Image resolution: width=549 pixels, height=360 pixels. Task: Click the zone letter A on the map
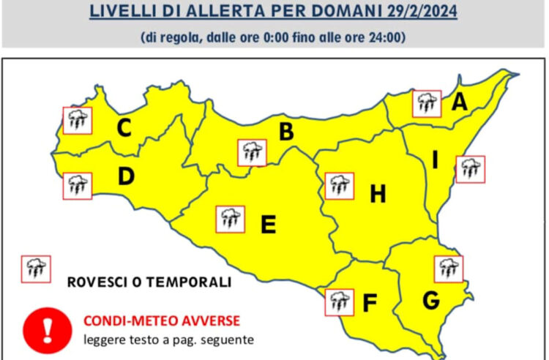coord(459,102)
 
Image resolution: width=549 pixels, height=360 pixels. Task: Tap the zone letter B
coord(286,132)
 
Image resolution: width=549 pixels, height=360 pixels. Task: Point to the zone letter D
coord(125,176)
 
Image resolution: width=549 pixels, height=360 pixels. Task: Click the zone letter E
coord(268,224)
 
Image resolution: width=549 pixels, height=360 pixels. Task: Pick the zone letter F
coord(370,301)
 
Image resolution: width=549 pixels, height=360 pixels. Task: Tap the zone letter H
coord(377,194)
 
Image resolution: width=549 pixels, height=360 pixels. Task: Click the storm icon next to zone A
coord(426,104)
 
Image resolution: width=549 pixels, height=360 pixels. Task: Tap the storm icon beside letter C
coord(77,120)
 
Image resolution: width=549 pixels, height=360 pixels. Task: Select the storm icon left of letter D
coord(77,184)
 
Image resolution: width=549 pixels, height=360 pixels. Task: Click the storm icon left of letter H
coord(339,186)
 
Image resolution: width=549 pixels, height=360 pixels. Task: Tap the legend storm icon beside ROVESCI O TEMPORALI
coord(35,269)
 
